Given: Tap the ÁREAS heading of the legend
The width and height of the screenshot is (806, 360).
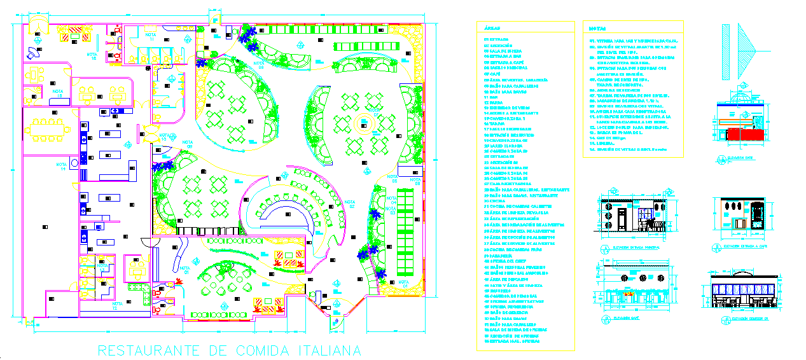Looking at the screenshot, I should [492, 29].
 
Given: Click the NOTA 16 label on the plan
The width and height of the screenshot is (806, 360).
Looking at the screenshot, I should [91, 56].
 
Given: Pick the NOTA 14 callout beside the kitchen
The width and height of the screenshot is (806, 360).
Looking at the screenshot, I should [63, 167].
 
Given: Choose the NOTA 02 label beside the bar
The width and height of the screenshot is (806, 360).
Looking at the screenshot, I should [349, 205].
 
